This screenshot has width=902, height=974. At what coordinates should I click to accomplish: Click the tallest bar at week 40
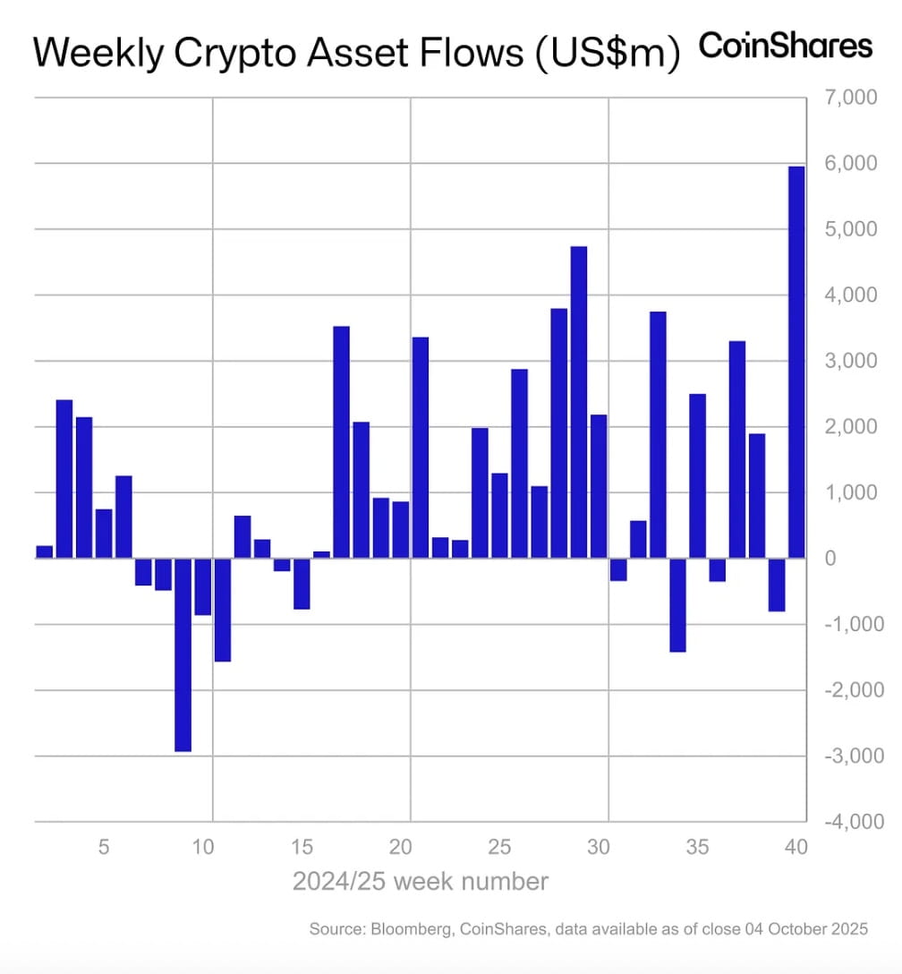click(796, 362)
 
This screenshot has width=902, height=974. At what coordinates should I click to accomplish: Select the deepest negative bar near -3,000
click(183, 654)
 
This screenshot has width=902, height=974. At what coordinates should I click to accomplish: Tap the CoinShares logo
click(785, 46)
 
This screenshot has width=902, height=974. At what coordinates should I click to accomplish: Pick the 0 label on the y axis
click(830, 558)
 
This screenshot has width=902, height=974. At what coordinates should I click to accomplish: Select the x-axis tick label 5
click(104, 847)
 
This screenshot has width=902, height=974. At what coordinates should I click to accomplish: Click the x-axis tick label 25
click(500, 847)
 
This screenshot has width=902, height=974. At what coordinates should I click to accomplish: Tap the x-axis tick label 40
click(796, 847)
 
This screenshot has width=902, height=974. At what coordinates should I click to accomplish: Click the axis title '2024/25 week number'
click(420, 882)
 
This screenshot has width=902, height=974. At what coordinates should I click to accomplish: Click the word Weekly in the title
click(92, 53)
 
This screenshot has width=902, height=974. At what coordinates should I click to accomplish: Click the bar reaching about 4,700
click(579, 402)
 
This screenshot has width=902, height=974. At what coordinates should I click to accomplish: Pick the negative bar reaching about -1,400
click(677, 605)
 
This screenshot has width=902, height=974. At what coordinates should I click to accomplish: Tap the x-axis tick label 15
click(302, 847)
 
